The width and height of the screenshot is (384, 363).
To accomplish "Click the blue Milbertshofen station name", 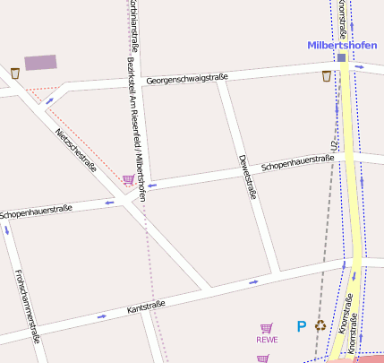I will pos(344,45).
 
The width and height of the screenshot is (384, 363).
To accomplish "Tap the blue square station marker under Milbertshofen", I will pos(342,58).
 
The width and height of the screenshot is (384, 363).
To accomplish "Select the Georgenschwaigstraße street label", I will pos(187,80).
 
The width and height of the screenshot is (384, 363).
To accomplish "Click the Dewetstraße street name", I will pos(248,177).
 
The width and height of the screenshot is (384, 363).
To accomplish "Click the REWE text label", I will pos(267,340).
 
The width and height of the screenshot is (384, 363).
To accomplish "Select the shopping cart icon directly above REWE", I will pos(266,328).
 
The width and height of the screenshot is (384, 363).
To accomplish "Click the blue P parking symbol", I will pos(302,327).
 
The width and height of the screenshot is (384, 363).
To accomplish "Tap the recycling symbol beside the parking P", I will pos(320,325).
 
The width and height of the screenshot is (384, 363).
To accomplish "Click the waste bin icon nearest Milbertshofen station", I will pos(326,76).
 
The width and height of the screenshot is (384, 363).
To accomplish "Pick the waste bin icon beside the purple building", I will pos(15,73).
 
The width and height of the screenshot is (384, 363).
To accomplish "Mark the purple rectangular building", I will pos(40,62).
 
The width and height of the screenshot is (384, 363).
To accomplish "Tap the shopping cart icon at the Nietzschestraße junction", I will pos(129,180).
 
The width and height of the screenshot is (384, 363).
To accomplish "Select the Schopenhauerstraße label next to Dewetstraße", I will pos(297,163).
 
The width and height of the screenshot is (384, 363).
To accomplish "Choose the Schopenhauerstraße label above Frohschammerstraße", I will pos(36,212).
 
